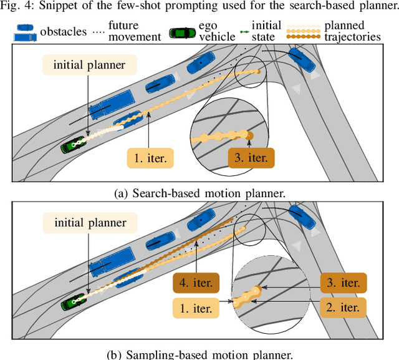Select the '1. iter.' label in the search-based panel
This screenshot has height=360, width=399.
click(150, 157)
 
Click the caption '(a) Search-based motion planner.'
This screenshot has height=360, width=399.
click(199, 193)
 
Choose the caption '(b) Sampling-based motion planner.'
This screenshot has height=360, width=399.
click(199, 354)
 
